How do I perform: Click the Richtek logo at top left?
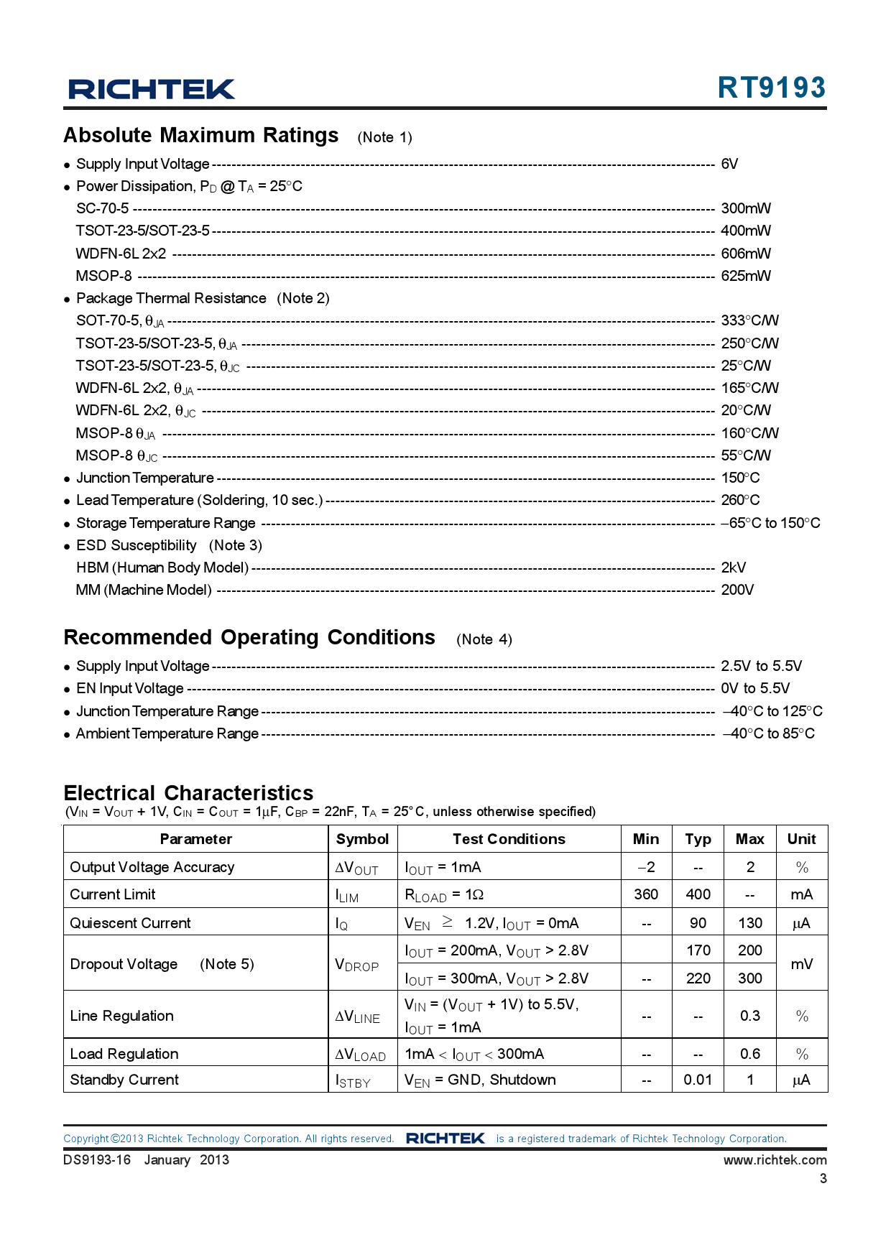151,89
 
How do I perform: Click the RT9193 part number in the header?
771,88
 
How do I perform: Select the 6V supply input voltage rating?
729,164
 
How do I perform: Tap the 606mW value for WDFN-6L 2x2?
745,254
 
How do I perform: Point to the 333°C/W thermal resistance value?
749,320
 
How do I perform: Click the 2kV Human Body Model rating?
733,568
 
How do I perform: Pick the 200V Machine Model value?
737,590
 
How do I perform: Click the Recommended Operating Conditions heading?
249,638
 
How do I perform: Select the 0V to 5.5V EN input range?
754,688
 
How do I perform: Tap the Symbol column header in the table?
362,839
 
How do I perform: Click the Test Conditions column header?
509,839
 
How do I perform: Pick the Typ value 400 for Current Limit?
698,894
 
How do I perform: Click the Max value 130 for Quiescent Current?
749,923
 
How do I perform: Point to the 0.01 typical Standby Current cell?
698,1080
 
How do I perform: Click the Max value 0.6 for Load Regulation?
749,1054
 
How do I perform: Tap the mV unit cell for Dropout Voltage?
801,964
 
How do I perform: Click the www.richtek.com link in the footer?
775,1160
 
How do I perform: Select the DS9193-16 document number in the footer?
97,1160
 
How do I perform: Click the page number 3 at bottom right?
823,1179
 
